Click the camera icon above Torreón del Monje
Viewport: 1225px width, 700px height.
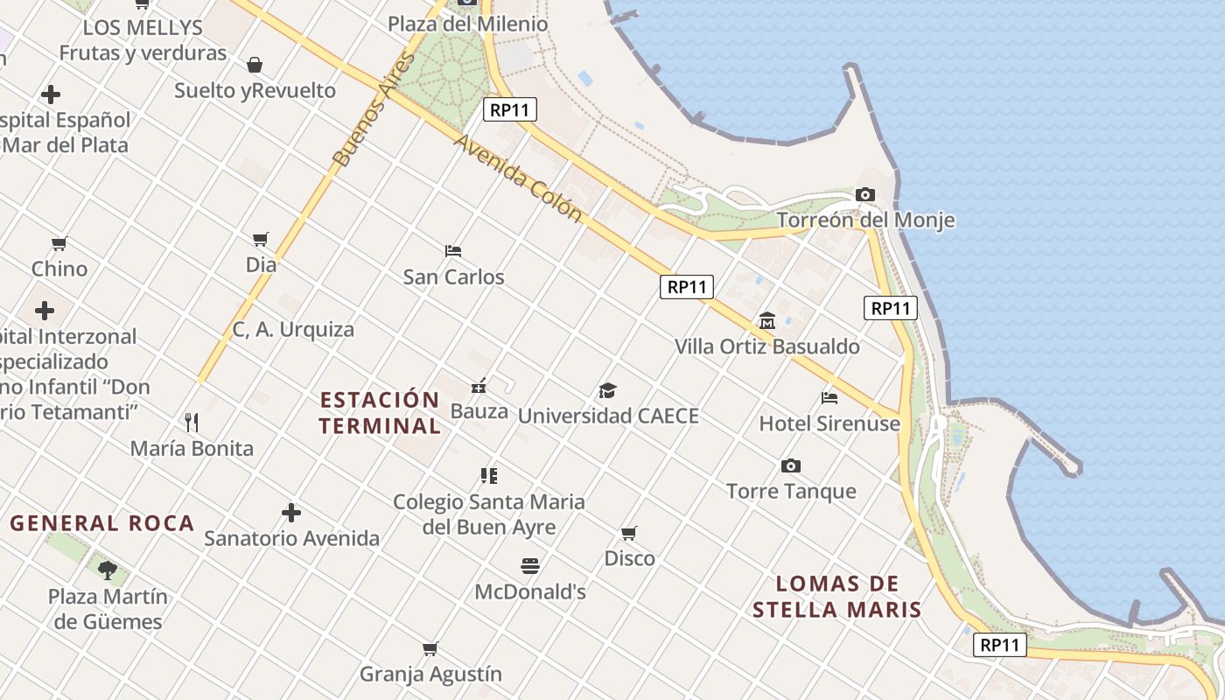tap(865, 194)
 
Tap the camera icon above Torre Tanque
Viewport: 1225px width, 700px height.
tap(791, 465)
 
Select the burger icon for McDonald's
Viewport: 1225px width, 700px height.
tap(530, 566)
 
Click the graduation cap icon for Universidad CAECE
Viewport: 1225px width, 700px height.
tap(607, 390)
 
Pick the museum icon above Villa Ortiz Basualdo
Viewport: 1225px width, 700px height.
tap(767, 321)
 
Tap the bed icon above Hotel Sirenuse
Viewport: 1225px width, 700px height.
tap(829, 398)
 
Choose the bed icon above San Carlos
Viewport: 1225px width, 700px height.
tap(453, 251)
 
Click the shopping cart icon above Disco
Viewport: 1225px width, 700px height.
tap(629, 533)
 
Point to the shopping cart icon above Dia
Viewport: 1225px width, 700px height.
tap(261, 239)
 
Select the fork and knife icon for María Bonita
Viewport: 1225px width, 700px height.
tap(192, 423)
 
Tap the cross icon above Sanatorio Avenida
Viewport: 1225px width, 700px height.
tap(291, 512)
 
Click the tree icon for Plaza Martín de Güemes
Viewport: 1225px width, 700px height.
tap(108, 570)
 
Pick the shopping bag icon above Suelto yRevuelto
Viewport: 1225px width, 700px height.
tap(255, 65)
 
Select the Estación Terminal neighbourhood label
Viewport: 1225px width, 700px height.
tap(380, 413)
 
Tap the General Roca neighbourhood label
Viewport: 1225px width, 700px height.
tap(102, 523)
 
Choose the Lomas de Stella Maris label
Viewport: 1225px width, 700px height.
tap(837, 597)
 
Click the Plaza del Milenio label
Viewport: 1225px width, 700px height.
tap(468, 24)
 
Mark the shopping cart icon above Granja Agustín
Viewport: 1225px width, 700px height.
tap(430, 648)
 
